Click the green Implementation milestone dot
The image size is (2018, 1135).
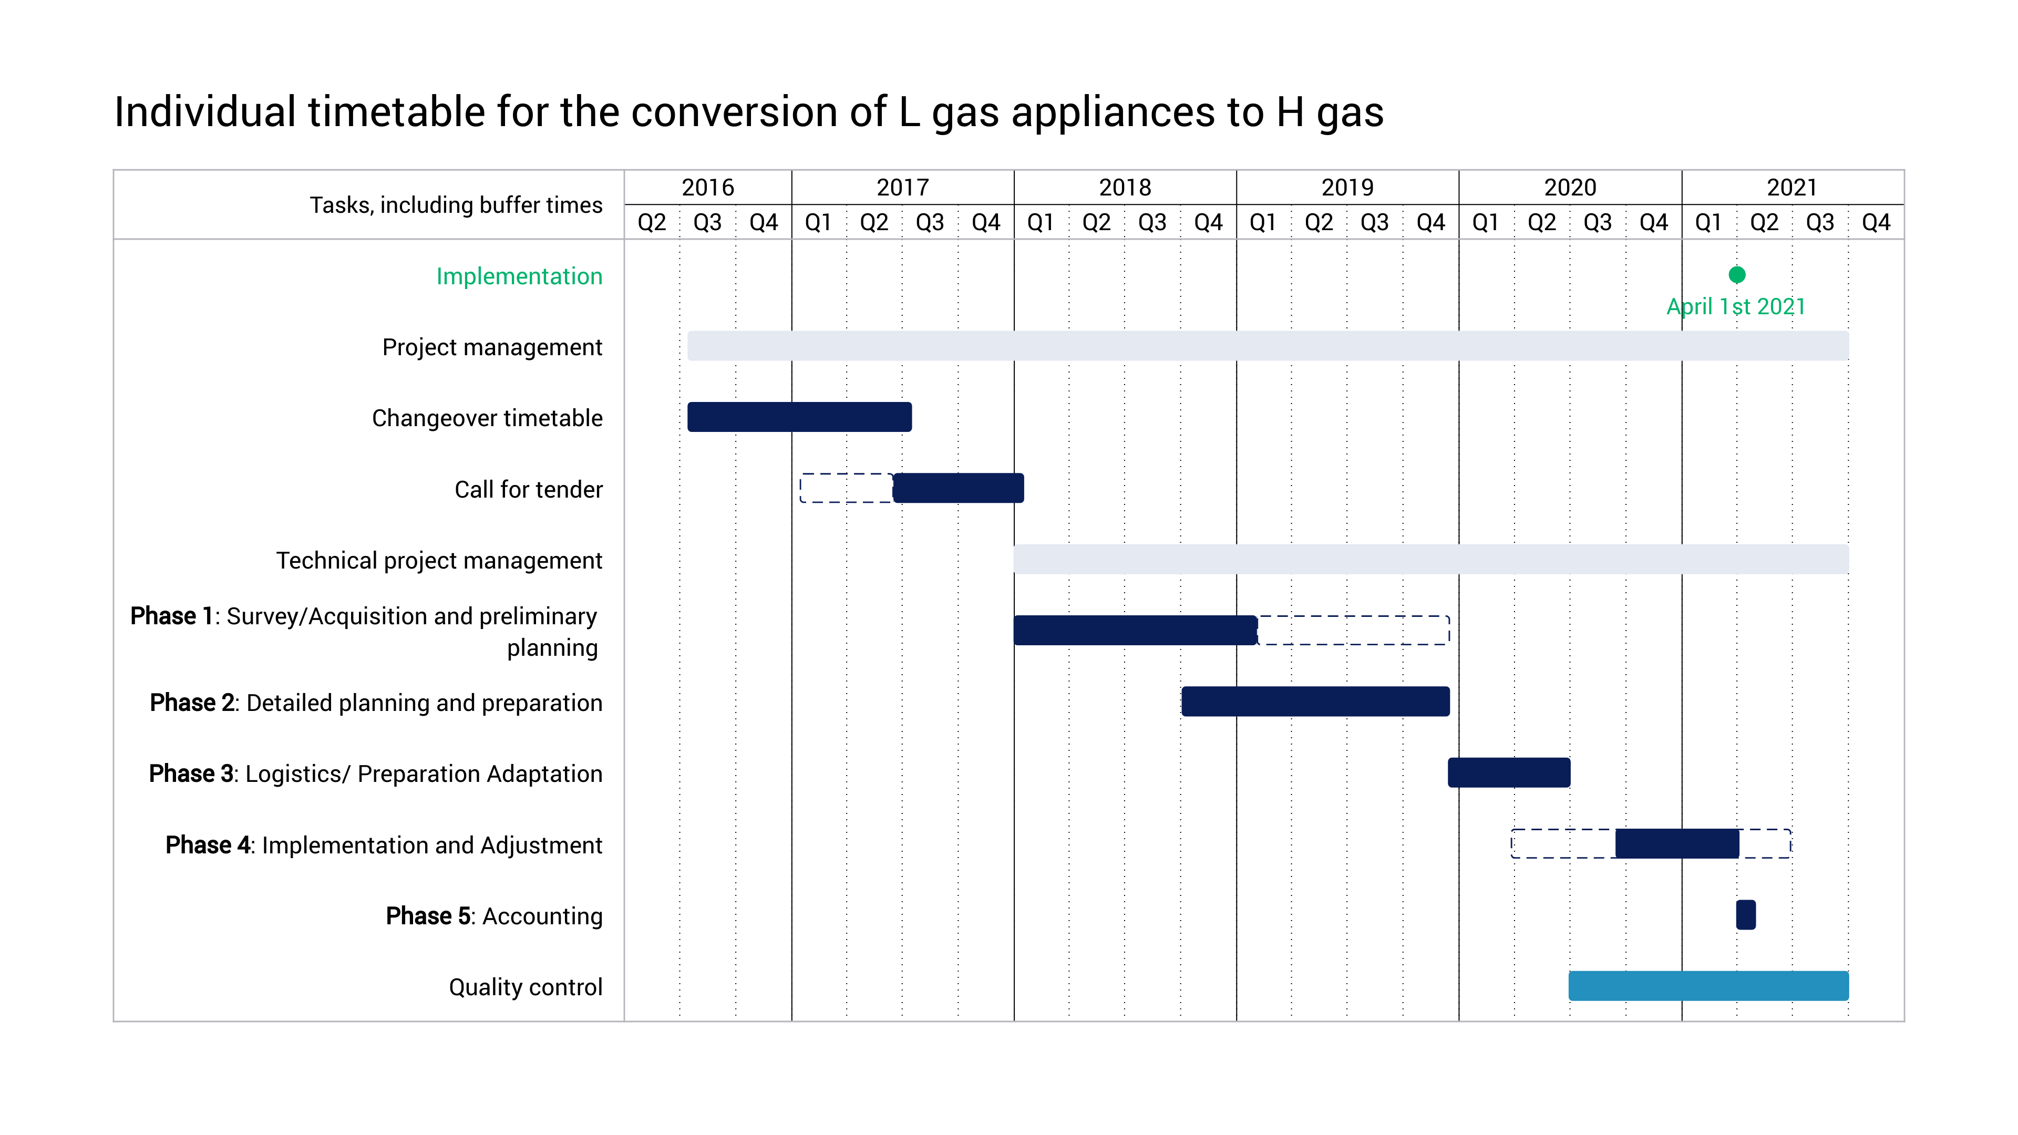tap(1737, 275)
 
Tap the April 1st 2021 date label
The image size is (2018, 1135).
tap(1735, 306)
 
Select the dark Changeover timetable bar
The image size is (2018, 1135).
tap(799, 417)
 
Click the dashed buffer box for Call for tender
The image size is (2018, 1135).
tap(845, 488)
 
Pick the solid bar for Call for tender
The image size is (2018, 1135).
tap(958, 488)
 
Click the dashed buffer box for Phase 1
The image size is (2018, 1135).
tap(1354, 631)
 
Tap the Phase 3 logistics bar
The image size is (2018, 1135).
tap(1509, 772)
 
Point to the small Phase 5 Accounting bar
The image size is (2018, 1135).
tap(1745, 915)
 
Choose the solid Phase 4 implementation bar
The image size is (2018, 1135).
tap(1676, 843)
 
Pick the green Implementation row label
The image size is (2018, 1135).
tap(519, 276)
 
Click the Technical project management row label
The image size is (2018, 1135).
tap(439, 561)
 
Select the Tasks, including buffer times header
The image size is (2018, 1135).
tap(456, 205)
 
